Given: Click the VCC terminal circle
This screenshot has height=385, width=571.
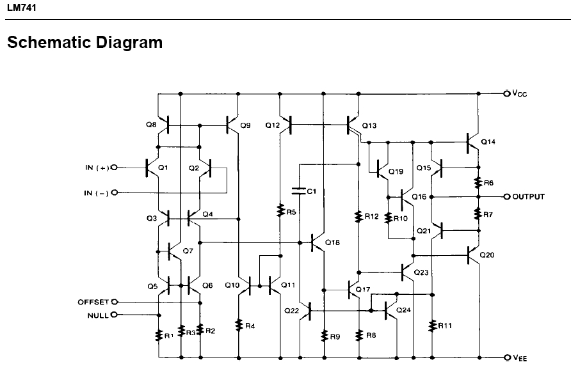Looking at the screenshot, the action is (x=506, y=93).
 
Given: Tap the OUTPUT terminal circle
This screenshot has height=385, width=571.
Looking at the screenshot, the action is (x=506, y=196).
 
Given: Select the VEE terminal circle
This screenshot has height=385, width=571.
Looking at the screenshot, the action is (x=506, y=357).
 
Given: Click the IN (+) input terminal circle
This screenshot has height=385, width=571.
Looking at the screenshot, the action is (x=115, y=168).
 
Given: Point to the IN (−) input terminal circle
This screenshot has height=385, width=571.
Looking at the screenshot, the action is (x=115, y=192).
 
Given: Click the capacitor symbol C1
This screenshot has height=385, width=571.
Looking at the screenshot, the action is (x=298, y=191).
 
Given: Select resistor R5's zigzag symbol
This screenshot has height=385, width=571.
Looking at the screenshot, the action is (x=280, y=210).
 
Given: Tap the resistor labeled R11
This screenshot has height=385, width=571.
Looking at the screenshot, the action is (x=432, y=326).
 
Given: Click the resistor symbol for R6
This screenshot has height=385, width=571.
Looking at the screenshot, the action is (x=479, y=183).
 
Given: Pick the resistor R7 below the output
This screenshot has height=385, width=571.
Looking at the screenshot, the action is (x=479, y=214).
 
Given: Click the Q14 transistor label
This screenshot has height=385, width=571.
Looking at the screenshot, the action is (x=488, y=142).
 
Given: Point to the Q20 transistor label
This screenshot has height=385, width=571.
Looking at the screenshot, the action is (x=487, y=255).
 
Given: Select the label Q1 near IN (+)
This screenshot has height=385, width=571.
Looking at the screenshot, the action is (x=163, y=168).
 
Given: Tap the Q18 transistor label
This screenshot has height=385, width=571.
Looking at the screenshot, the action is (x=332, y=242).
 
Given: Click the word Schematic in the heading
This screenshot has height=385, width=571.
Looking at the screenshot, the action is (x=49, y=42).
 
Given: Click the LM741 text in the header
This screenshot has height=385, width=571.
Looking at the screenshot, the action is (x=22, y=8).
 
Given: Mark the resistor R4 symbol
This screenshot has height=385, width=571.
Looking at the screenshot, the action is (x=239, y=326).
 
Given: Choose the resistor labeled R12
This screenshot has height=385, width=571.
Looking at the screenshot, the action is (x=358, y=217).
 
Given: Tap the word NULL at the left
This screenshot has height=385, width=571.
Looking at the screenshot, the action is (x=98, y=315).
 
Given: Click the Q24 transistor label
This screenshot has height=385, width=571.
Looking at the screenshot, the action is (x=403, y=310).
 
